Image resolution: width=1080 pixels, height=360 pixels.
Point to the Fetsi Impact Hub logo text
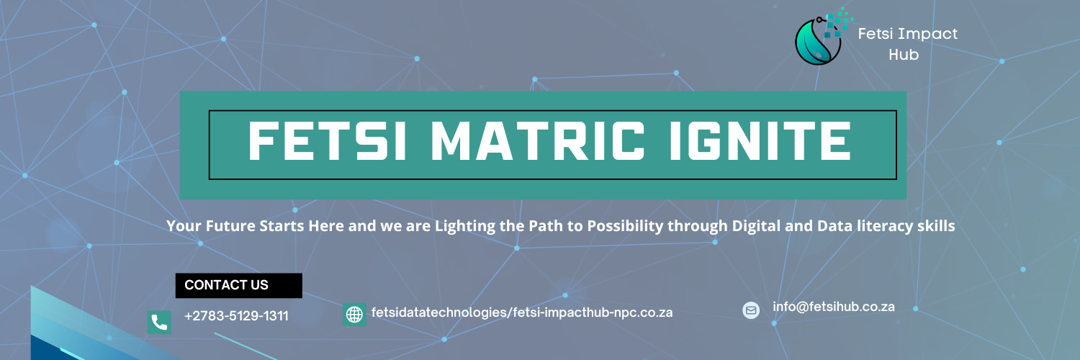(x=907, y=43)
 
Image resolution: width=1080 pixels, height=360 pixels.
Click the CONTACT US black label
(x=238, y=285)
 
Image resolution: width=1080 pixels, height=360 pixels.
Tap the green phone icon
(x=159, y=322)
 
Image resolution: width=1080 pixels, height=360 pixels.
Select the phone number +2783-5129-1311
(x=236, y=316)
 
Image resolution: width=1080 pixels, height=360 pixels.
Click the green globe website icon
(x=354, y=315)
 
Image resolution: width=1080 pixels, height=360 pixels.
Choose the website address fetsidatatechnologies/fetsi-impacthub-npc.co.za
(x=522, y=312)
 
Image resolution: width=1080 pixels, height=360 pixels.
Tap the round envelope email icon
(x=751, y=310)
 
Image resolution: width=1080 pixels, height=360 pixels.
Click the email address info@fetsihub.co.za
(x=834, y=307)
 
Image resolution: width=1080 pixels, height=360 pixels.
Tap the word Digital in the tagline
(x=757, y=226)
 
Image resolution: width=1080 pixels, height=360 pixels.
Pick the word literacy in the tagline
(x=883, y=226)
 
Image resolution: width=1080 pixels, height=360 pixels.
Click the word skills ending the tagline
(x=937, y=226)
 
